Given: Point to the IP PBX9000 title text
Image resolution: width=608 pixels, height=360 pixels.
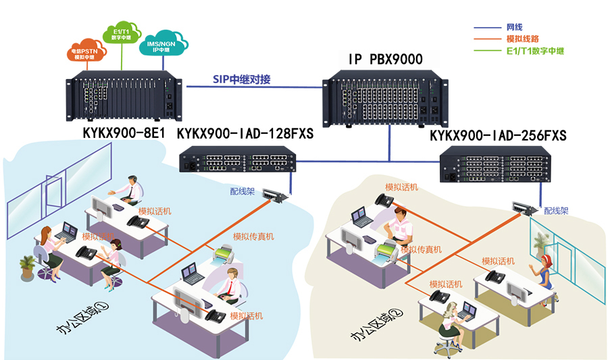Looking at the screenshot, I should point(385,60).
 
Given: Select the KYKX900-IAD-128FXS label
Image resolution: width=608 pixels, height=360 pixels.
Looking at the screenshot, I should point(245,134).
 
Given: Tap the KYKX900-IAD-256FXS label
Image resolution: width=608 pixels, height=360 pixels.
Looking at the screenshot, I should point(498,136).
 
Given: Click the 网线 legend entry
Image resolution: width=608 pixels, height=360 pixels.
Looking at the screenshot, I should point(514,28).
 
